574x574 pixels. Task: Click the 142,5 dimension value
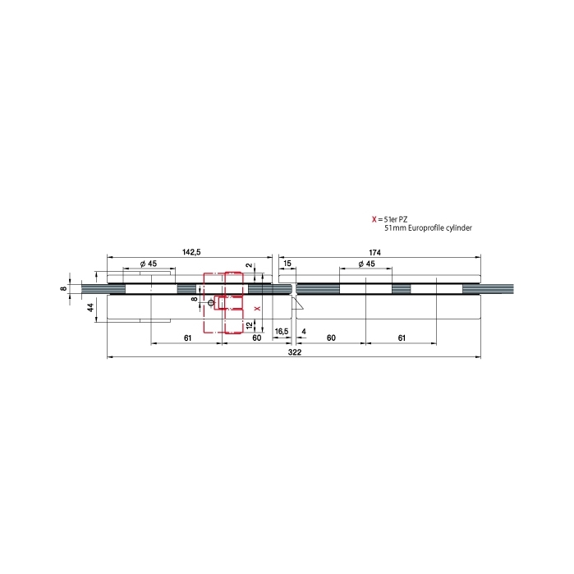click(191, 252)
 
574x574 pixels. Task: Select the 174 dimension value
click(374, 253)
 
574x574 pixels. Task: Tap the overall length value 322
click(294, 352)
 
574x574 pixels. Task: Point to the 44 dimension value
click(90, 307)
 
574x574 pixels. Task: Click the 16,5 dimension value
click(281, 332)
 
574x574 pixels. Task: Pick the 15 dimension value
click(287, 264)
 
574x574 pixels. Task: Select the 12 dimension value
click(250, 325)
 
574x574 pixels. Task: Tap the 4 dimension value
click(304, 332)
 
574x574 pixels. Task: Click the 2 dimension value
click(249, 265)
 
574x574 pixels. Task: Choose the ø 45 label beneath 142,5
click(149, 264)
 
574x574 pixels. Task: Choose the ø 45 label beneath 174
click(366, 264)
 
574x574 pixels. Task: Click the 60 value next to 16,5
click(256, 338)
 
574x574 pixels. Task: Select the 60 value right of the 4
click(331, 338)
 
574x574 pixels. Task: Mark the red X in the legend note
click(374, 219)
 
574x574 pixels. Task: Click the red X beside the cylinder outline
click(257, 309)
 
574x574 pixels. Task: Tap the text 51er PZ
click(396, 219)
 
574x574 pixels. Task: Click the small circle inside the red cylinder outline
click(210, 303)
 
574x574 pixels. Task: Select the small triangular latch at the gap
click(297, 303)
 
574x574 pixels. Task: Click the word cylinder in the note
click(459, 228)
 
